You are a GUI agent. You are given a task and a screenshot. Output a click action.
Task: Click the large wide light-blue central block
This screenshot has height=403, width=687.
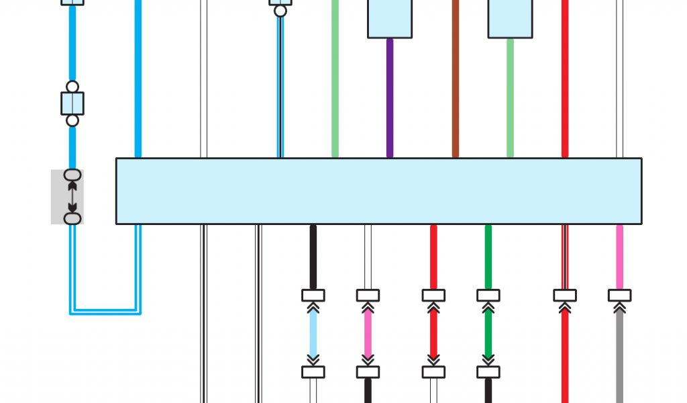point(378,191)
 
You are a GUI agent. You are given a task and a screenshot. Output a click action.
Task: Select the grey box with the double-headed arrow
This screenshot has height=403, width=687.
point(67,197)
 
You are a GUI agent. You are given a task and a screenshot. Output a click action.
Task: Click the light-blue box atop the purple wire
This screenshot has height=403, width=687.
point(390,18)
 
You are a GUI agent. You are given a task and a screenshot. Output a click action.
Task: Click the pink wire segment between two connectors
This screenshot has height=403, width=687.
point(368,334)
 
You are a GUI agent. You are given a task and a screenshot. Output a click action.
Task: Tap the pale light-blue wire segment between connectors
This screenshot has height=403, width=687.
point(313,334)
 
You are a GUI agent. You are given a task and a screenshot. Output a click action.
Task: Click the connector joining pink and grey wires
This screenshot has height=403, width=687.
point(619,296)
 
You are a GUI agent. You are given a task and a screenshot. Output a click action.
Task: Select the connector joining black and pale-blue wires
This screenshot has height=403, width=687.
point(313,296)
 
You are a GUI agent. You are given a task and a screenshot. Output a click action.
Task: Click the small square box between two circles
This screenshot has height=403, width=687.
point(72,104)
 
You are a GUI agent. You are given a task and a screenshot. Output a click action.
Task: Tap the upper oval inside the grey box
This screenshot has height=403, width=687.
point(72,175)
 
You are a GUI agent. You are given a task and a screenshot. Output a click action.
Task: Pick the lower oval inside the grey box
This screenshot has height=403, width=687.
point(72,218)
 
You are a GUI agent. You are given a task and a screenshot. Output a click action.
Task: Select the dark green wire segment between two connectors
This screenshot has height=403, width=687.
point(488,334)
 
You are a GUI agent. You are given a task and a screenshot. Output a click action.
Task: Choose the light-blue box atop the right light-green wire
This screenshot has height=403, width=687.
point(510,18)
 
